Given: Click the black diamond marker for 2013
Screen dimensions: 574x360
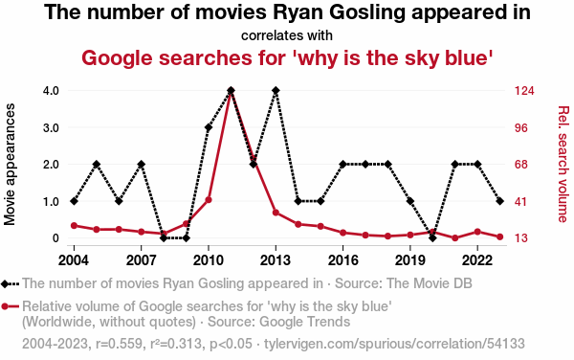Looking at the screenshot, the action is coord(276,90).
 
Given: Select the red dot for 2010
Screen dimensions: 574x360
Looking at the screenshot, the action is coord(209,200).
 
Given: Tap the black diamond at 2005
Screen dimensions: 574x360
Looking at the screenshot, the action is coord(97,164).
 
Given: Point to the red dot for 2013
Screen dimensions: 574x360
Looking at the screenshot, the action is coord(276,213).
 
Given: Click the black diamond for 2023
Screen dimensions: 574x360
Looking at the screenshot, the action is coord(500,201).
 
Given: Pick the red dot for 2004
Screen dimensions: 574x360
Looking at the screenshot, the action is coord(74,226).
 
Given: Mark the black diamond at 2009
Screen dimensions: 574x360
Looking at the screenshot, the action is coord(186,238).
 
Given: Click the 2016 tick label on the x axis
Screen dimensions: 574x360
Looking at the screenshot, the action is coord(343,260).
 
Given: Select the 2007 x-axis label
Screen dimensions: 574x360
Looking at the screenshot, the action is coord(141,260).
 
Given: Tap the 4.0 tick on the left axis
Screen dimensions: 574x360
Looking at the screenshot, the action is coord(51,90).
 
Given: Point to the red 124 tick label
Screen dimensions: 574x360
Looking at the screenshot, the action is coord(524,90).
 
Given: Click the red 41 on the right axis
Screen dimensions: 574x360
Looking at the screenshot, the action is coord(521,201).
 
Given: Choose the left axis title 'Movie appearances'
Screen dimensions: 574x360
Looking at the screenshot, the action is coord(10,164).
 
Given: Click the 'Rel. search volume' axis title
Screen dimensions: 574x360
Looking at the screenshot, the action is coord(563,164).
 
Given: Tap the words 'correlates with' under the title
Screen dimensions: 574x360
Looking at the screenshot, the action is coord(287,35).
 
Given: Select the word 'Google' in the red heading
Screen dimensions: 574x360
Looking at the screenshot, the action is coord(117,58).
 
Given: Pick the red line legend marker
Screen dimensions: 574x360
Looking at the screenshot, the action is coord(10,306).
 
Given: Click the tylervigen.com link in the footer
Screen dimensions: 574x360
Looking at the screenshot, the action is coord(394,344).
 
